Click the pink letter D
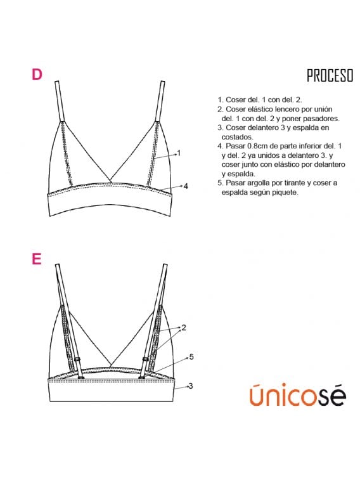coord(37,75)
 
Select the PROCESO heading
coord(330,77)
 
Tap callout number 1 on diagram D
coord(179,153)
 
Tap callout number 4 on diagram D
coord(186,186)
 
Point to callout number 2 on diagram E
coord(183,328)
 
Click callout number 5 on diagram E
coord(191,357)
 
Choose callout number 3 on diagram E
coord(190,386)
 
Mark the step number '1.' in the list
coord(221,100)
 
